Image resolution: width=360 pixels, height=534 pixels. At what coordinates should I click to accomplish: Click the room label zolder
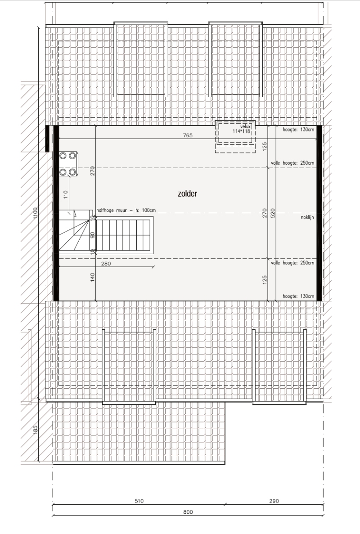(187, 193)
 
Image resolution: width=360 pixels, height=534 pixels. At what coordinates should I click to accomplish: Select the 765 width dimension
(188, 135)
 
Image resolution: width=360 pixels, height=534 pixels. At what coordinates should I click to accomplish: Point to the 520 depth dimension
(272, 213)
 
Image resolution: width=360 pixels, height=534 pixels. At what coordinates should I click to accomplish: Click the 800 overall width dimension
(188, 512)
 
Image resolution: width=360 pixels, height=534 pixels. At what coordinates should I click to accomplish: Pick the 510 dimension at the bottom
(139, 501)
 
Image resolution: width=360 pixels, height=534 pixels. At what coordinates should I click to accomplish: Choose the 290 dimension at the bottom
(274, 501)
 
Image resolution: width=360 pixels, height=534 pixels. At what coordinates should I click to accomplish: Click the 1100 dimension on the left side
(36, 213)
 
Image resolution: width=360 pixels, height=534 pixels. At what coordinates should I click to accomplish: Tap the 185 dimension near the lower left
(36, 429)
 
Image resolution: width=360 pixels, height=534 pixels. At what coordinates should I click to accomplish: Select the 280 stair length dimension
(106, 263)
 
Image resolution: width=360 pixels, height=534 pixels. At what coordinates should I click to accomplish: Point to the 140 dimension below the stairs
(93, 277)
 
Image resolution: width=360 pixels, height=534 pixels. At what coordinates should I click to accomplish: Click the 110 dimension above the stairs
(66, 194)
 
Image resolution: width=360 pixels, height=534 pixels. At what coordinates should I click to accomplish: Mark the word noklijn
(307, 217)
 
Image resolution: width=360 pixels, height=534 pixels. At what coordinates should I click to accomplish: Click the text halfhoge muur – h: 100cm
(126, 210)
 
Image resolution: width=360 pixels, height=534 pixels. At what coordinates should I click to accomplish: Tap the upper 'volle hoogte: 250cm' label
(292, 163)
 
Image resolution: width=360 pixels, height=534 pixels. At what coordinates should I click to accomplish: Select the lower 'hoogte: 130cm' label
(298, 296)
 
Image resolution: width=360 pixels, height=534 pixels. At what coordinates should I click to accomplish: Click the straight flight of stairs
(124, 235)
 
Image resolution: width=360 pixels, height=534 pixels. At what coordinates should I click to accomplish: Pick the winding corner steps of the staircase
(74, 232)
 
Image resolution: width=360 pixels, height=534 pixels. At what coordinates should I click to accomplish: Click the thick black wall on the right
(319, 213)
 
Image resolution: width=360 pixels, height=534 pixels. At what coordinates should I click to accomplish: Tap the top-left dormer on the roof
(141, 59)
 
